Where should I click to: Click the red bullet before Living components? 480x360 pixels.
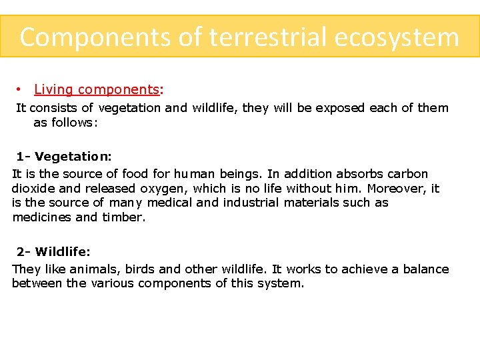pyautogui.click(x=21, y=89)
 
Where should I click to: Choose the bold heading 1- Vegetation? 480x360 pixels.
pyautogui.click(x=64, y=157)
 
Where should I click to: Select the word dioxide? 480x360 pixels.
pyautogui.click(x=33, y=189)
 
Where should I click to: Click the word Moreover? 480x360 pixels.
pyautogui.click(x=397, y=189)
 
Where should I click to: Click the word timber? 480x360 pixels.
pyautogui.click(x=123, y=217)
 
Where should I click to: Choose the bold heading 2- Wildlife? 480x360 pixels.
pyautogui.click(x=54, y=252)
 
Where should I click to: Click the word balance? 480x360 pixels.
pyautogui.click(x=425, y=269)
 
